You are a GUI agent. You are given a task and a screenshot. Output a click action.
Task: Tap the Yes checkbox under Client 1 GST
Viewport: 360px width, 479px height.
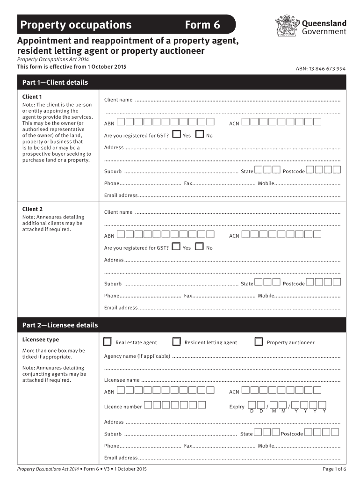click(x=176, y=135)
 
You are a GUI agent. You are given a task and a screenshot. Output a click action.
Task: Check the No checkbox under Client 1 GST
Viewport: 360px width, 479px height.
click(x=200, y=135)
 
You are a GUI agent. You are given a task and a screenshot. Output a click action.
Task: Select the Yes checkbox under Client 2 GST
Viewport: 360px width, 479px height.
click(x=176, y=247)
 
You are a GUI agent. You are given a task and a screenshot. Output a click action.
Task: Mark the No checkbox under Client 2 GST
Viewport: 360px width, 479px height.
click(x=200, y=247)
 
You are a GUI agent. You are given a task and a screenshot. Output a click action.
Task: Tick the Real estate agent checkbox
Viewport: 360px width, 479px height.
click(x=108, y=342)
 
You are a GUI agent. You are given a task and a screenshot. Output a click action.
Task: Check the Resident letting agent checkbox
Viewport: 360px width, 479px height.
click(x=177, y=342)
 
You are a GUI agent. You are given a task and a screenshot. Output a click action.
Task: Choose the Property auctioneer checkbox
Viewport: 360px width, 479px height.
click(x=259, y=342)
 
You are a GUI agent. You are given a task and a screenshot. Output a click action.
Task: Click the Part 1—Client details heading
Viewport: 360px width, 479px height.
click(x=55, y=82)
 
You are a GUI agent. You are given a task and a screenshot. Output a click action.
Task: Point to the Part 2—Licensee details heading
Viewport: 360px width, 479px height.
click(x=60, y=325)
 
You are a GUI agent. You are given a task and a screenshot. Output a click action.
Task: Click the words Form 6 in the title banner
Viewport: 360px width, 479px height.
click(x=202, y=25)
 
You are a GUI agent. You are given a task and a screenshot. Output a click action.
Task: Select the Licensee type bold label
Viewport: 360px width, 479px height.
click(x=41, y=340)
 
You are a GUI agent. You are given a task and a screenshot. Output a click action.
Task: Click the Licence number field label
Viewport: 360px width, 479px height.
click(x=123, y=406)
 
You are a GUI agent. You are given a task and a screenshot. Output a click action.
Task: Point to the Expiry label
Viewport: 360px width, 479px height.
click(x=237, y=406)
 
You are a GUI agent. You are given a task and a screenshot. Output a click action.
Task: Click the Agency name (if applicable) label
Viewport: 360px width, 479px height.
click(x=137, y=356)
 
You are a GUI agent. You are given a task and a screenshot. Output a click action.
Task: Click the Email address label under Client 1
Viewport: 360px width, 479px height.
click(x=121, y=195)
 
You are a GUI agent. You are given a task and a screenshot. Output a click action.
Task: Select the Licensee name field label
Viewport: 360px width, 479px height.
click(x=122, y=380)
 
